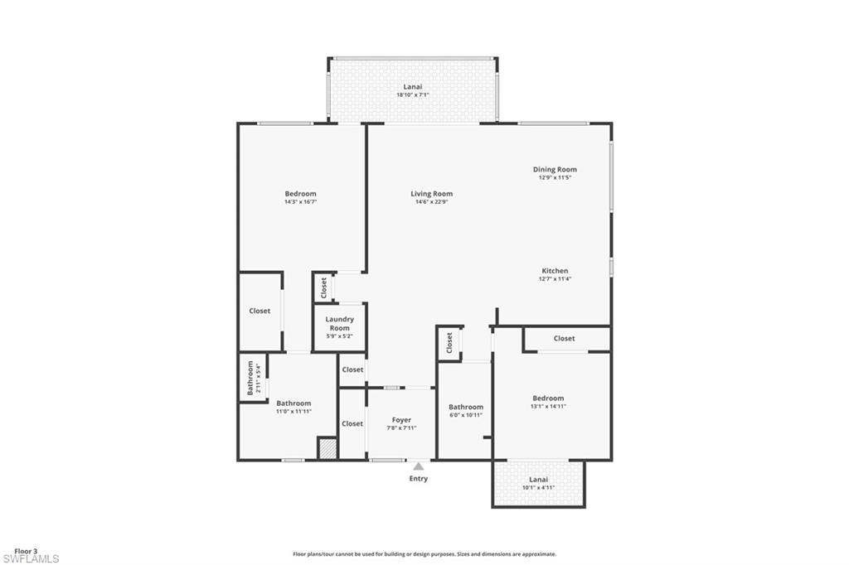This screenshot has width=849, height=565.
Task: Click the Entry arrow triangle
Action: click(419, 466)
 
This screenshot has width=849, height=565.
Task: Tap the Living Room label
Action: click(431, 194)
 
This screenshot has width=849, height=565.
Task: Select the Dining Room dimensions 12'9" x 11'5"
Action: click(555, 177)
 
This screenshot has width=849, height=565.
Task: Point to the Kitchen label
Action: click(555, 271)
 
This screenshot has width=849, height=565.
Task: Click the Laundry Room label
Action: click(339, 324)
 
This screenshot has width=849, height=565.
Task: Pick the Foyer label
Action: click(402, 420)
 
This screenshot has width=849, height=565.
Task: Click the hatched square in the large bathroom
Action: click(327, 449)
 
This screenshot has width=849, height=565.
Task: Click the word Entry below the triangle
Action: click(419, 478)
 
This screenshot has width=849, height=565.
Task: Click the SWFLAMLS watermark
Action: click(31, 559)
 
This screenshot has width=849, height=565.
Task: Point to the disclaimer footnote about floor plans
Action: click(424, 554)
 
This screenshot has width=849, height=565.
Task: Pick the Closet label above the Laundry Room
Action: click(324, 288)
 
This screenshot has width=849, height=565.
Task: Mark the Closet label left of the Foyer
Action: click(352, 424)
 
